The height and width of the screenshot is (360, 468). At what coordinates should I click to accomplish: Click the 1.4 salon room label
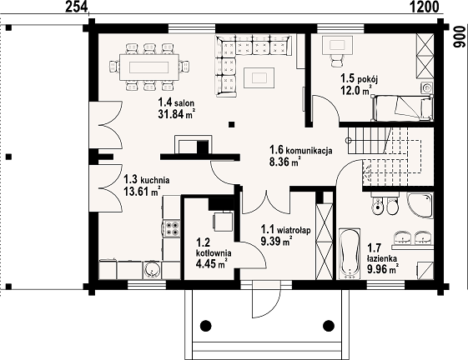(176, 102)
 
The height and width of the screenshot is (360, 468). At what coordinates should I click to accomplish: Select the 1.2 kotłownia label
(214, 247)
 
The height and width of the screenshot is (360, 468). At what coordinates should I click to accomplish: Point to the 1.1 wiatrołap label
(285, 230)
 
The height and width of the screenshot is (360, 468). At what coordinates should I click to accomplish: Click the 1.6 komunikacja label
(301, 150)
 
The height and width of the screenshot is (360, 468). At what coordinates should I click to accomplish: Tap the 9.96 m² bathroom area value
(383, 269)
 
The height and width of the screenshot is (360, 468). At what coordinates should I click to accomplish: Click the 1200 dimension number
(424, 7)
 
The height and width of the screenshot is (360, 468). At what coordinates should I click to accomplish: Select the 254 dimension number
(77, 7)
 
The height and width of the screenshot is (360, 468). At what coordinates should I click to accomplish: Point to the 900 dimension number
(460, 37)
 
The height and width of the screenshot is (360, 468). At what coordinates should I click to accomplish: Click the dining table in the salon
(149, 67)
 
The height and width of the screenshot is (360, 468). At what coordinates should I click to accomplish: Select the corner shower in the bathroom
(420, 206)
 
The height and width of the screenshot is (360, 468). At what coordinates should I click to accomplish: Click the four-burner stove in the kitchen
(172, 228)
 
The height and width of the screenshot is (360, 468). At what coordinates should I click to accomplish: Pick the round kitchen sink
(152, 270)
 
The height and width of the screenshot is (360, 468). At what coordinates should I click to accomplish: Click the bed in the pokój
(402, 107)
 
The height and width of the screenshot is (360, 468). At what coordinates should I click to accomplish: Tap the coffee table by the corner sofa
(259, 77)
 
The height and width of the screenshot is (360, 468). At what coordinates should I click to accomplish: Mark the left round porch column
(206, 325)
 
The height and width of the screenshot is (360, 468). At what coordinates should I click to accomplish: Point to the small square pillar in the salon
(232, 124)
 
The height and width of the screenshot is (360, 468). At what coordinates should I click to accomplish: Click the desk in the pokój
(337, 46)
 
